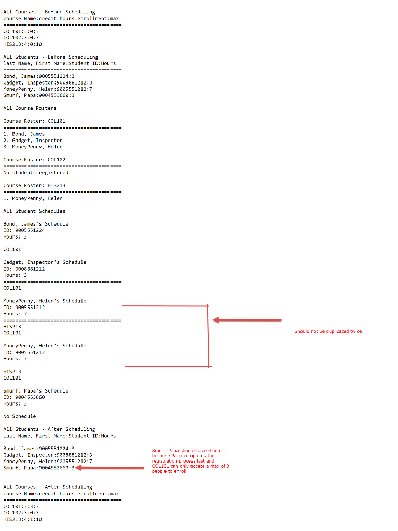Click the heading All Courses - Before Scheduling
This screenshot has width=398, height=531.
pos(49,12)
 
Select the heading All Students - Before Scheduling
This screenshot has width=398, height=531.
pos(50,57)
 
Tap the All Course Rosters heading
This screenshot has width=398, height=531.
pos(30,108)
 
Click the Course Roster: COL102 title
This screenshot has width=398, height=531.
pos(34,160)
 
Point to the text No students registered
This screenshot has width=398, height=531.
pos(36,173)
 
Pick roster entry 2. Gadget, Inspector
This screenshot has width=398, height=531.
pos(33,141)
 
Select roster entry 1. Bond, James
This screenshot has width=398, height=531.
pos(24,134)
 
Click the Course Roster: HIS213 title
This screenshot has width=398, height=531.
pos(34,185)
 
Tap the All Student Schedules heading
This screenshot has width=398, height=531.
pos(34,211)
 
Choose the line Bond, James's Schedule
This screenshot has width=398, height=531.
pos(36,224)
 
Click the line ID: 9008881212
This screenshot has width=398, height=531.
pos(24,269)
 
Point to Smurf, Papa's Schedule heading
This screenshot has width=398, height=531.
pos(36,391)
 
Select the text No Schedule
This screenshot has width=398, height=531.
pos(19,416)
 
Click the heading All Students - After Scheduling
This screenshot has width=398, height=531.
pos(49,429)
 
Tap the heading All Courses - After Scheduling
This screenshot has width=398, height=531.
pos(48,487)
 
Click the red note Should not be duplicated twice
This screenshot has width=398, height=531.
pos(328,331)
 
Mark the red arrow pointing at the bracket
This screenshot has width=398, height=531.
pos(247,320)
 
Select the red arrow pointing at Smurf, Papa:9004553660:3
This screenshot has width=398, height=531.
pos(110,468)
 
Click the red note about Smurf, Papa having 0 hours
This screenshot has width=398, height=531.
pos(190,461)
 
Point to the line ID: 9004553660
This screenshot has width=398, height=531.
pos(24,397)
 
